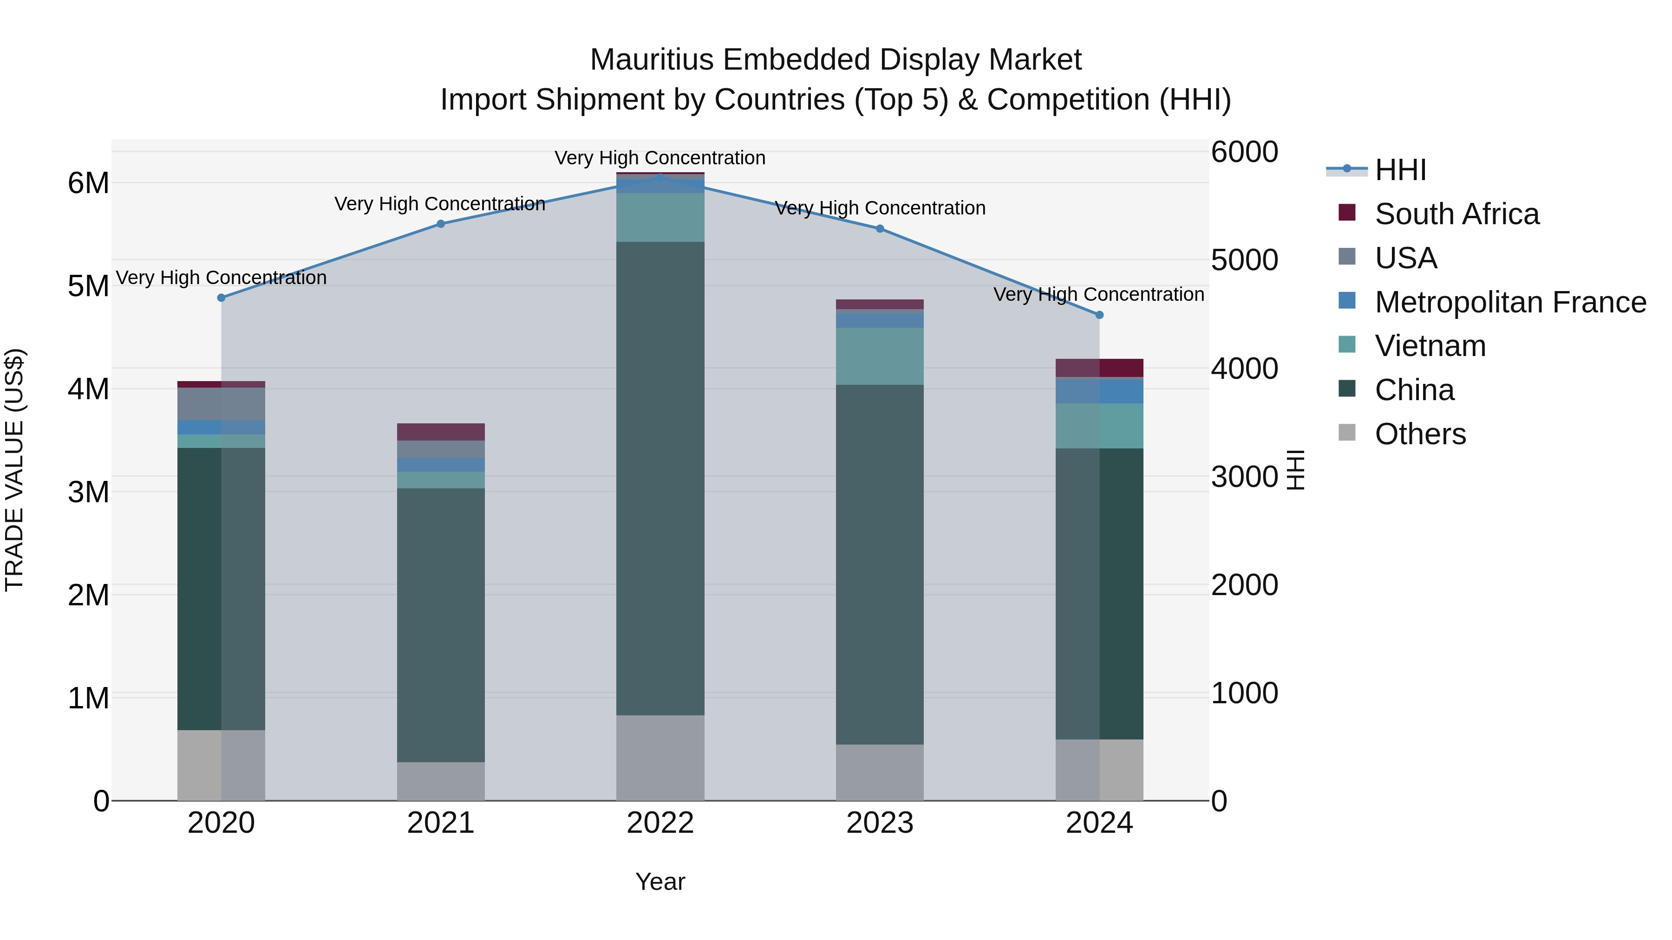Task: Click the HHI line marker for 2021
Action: point(441,224)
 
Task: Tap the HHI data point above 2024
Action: point(1099,315)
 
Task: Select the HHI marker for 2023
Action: point(880,228)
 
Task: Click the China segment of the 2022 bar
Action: point(660,478)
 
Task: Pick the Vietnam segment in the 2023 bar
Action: point(880,356)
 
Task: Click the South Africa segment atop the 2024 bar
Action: point(1099,368)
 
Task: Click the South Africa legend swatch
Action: point(1347,213)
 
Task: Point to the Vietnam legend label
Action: point(1430,346)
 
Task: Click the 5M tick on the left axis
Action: point(88,286)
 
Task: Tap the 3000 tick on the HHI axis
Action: point(1244,477)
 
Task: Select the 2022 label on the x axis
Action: point(660,823)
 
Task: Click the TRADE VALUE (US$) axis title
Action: point(14,470)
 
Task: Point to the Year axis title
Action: point(660,882)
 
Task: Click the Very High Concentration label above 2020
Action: point(222,278)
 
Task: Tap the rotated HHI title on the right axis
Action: point(1295,470)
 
